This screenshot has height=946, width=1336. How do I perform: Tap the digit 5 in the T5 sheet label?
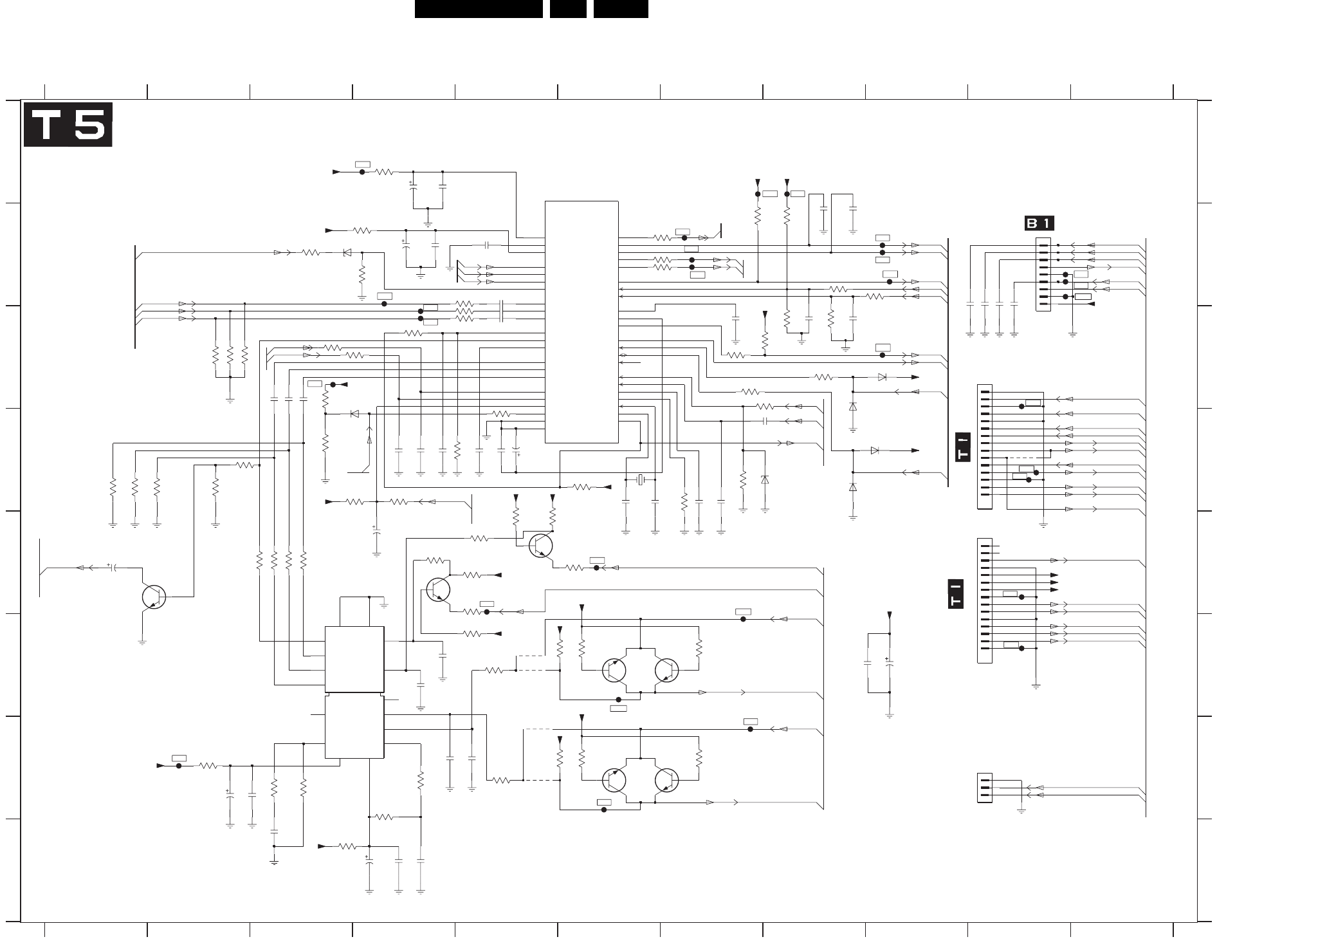tap(88, 125)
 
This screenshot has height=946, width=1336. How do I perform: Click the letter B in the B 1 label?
tap(1033, 223)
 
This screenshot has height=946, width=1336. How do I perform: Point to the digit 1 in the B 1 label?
tap(1047, 223)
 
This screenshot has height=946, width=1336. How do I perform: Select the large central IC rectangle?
tap(581, 322)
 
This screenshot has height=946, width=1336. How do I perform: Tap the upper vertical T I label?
tap(963, 446)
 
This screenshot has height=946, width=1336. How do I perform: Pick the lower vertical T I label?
tap(956, 594)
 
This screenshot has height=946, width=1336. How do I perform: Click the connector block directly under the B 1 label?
tap(1043, 274)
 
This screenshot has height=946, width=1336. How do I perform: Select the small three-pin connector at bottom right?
tap(984, 788)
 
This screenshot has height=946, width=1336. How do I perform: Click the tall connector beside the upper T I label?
tap(984, 447)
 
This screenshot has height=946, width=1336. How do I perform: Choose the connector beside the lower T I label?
tap(984, 600)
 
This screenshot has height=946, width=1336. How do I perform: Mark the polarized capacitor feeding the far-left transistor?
tap(113, 568)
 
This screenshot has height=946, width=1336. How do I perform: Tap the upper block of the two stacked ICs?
tap(354, 658)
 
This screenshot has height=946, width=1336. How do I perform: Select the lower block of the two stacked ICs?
tap(354, 726)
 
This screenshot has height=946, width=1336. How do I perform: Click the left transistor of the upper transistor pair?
tap(614, 671)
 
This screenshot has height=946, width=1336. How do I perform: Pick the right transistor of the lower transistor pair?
tap(667, 780)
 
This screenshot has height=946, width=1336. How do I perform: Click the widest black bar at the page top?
tap(479, 9)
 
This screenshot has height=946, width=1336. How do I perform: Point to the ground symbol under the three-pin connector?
tap(1021, 812)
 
